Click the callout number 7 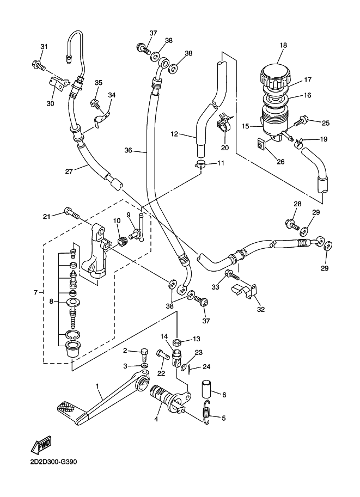[35, 292]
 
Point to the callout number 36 [129, 150]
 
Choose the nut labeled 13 [177, 342]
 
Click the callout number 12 [174, 134]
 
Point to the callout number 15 [245, 126]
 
